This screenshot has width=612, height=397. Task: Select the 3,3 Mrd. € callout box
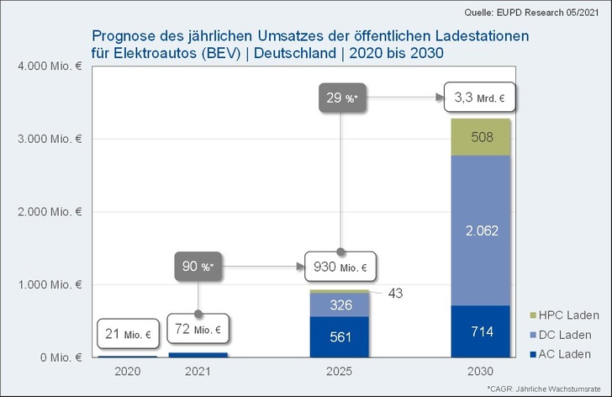pos(475,98)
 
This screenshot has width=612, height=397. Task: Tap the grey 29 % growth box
pos(340,98)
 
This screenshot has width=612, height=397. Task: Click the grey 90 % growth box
pos(199,267)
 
